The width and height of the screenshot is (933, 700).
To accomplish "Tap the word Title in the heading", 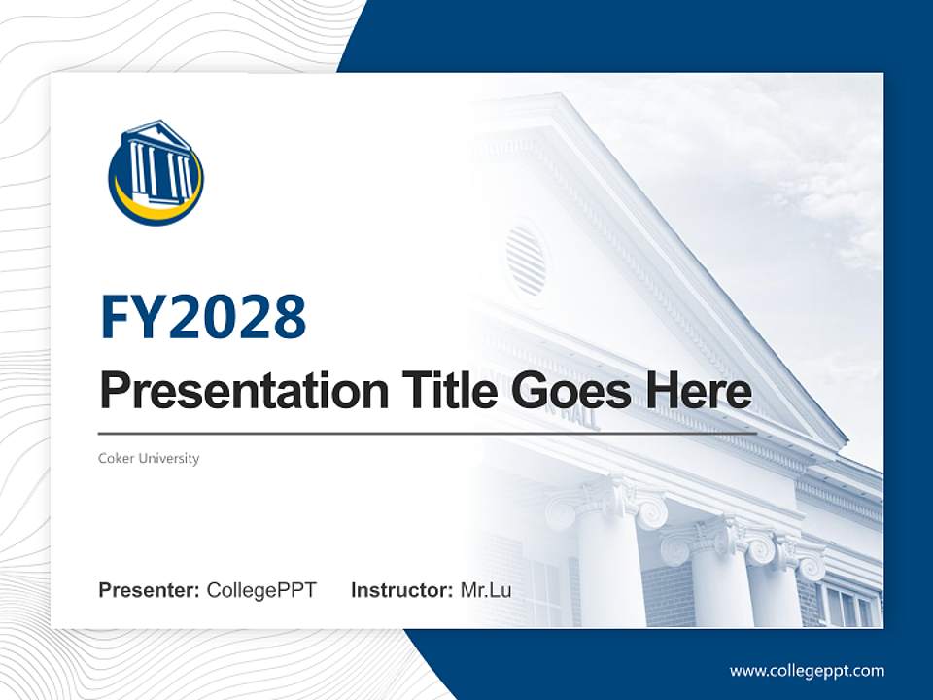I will click(x=432, y=391).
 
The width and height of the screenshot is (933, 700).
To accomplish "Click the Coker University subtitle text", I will click(x=149, y=458).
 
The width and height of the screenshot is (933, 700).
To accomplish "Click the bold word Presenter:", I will click(x=150, y=590).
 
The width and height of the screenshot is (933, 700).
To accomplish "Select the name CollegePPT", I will click(x=261, y=590).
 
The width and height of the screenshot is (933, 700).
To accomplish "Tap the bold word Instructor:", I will click(x=401, y=590).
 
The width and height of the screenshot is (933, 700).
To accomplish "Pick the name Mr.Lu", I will click(x=486, y=590).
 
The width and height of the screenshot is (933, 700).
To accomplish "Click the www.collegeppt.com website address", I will click(x=807, y=670).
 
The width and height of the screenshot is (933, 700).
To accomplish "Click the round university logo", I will click(x=155, y=173).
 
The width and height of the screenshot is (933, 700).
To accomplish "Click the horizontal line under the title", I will click(x=428, y=434).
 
